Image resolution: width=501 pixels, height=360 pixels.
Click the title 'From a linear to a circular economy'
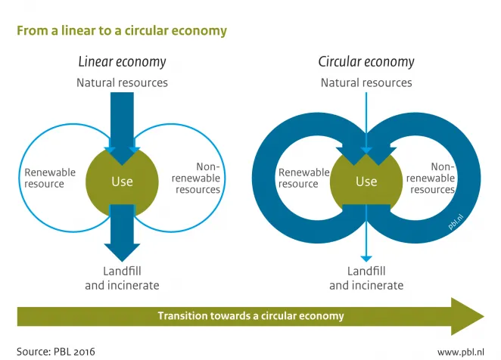(122, 31)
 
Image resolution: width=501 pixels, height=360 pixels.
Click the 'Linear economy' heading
(122, 62)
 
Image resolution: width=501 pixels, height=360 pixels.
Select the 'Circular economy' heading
(366, 62)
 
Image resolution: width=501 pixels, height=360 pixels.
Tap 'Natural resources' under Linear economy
(122, 82)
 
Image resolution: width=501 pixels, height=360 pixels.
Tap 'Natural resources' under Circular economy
(366, 82)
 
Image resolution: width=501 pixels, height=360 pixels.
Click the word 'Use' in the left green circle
(122, 181)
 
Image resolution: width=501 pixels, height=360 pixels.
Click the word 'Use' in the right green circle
(366, 181)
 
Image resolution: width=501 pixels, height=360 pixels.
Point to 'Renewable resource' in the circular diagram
(303, 178)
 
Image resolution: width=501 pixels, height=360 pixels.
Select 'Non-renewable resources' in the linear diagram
(198, 178)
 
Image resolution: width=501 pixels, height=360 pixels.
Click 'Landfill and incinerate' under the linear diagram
(122, 278)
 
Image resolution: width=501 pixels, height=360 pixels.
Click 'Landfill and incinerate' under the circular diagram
(366, 278)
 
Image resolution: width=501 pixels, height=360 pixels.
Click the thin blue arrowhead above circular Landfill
(366, 258)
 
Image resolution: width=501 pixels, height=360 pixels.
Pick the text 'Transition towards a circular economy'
(250, 316)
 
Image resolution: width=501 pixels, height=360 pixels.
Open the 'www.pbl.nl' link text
(460, 352)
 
